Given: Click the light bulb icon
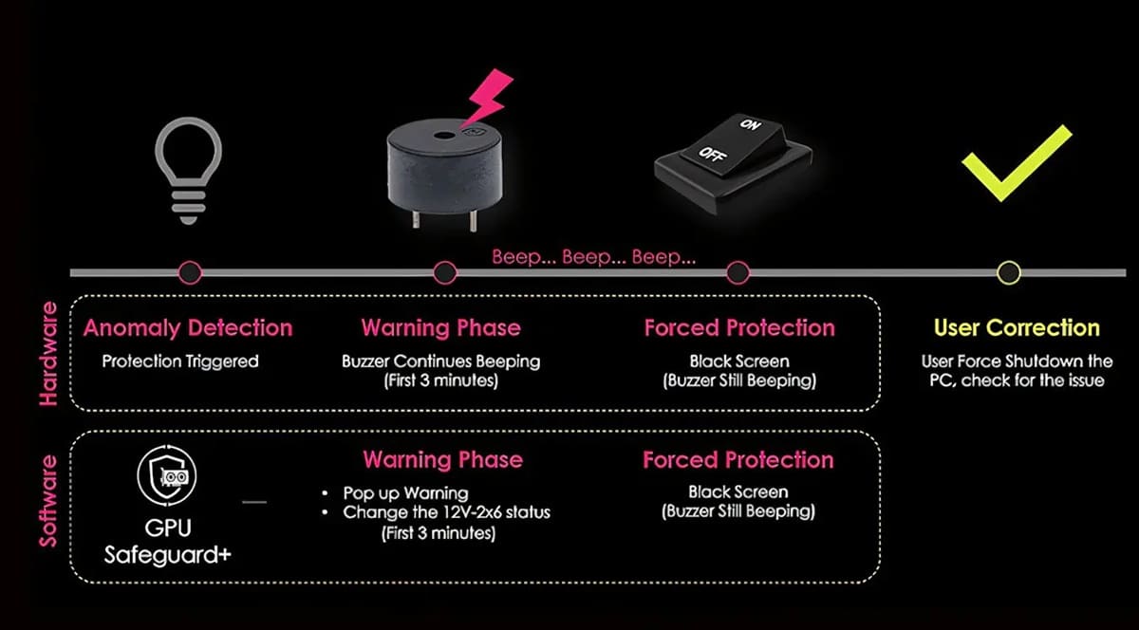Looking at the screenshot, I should click(x=189, y=166).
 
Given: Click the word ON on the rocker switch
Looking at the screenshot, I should click(x=751, y=124).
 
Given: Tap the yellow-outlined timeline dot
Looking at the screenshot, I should click(x=1009, y=273).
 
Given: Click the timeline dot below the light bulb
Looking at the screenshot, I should click(x=190, y=273).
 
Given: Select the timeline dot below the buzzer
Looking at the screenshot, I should click(x=444, y=273).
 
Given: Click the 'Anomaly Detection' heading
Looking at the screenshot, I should click(x=188, y=328).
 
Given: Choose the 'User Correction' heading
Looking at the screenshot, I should click(x=1017, y=328).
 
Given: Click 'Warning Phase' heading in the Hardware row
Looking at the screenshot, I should click(x=440, y=328).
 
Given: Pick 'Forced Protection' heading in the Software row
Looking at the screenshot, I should click(x=738, y=460).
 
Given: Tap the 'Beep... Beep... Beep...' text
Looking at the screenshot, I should click(x=594, y=257).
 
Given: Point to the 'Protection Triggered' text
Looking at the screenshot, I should click(x=180, y=361).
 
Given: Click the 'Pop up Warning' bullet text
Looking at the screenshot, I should click(x=405, y=493).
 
